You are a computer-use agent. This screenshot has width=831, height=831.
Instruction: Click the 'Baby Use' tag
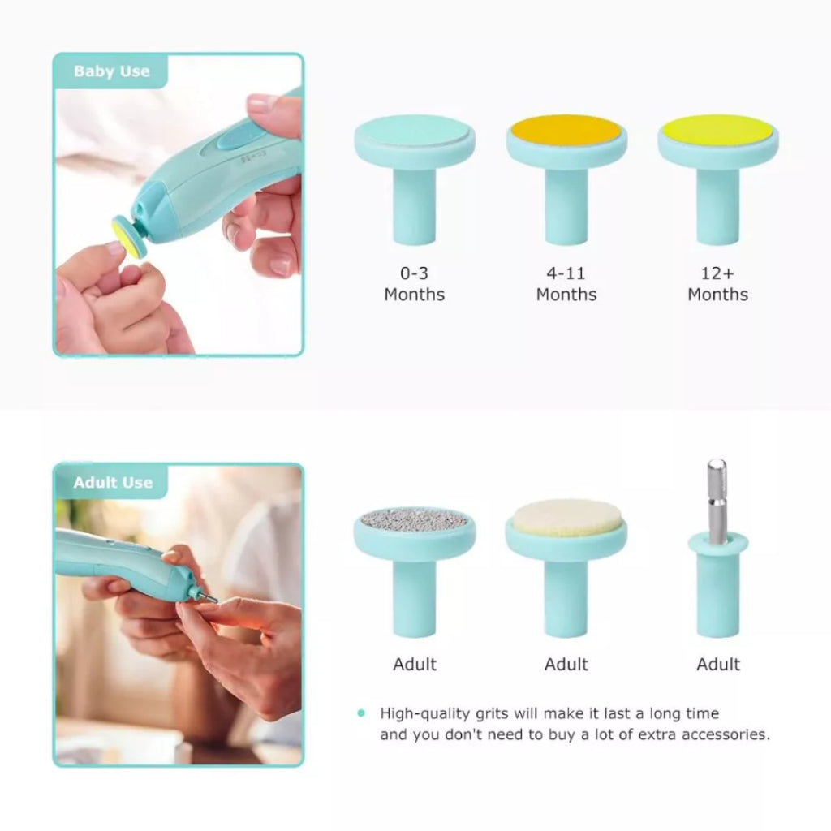coord(111,71)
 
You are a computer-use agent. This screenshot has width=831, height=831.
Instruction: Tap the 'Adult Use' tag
coord(112,483)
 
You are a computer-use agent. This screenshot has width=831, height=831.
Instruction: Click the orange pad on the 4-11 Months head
coord(566,130)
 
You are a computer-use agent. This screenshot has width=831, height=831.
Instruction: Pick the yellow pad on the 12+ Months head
coord(717,130)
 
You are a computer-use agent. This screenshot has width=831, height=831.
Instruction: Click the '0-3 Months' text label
coord(414,284)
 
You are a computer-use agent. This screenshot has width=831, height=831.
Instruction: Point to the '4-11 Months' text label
coord(566,284)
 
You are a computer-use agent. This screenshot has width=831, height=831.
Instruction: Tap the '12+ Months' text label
coord(717,284)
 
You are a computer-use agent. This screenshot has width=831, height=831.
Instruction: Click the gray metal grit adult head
coord(414,519)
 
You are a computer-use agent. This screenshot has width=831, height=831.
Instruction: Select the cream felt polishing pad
coord(566,516)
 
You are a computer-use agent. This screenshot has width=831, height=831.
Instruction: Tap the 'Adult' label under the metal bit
coord(717,665)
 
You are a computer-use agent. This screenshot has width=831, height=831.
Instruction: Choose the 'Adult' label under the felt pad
coord(566,665)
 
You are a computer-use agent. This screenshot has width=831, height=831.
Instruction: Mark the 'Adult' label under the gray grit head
coord(414,665)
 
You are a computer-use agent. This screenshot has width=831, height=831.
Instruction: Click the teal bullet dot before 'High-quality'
coord(361,713)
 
